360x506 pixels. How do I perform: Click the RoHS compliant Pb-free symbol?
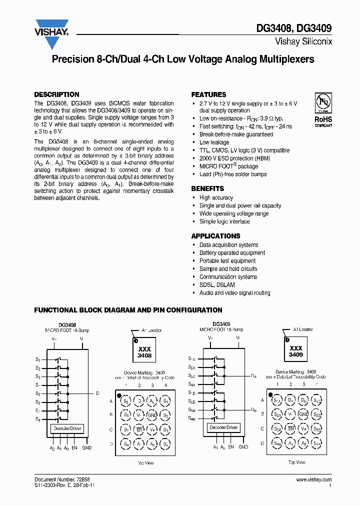click(323, 103)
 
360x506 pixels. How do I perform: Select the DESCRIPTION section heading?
click(56, 94)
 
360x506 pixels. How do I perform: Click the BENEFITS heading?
click(207, 188)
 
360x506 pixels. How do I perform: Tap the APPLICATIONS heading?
click(215, 236)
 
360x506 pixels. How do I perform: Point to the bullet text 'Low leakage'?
click(214, 142)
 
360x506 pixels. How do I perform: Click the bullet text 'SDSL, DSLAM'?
click(217, 285)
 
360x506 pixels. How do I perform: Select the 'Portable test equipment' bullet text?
click(227, 261)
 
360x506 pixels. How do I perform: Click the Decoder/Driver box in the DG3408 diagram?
click(66, 428)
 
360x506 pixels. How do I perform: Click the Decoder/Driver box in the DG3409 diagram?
click(224, 427)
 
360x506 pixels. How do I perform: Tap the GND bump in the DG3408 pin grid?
click(152, 415)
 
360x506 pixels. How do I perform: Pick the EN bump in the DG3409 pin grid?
click(290, 428)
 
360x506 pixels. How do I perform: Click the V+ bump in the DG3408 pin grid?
click(152, 429)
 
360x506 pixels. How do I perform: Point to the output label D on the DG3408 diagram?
click(98, 393)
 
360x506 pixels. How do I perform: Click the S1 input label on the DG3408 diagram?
click(37, 359)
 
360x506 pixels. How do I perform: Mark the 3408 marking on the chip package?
click(144, 355)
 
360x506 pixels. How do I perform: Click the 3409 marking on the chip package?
click(296, 354)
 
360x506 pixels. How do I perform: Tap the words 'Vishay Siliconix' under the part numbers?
click(303, 42)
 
